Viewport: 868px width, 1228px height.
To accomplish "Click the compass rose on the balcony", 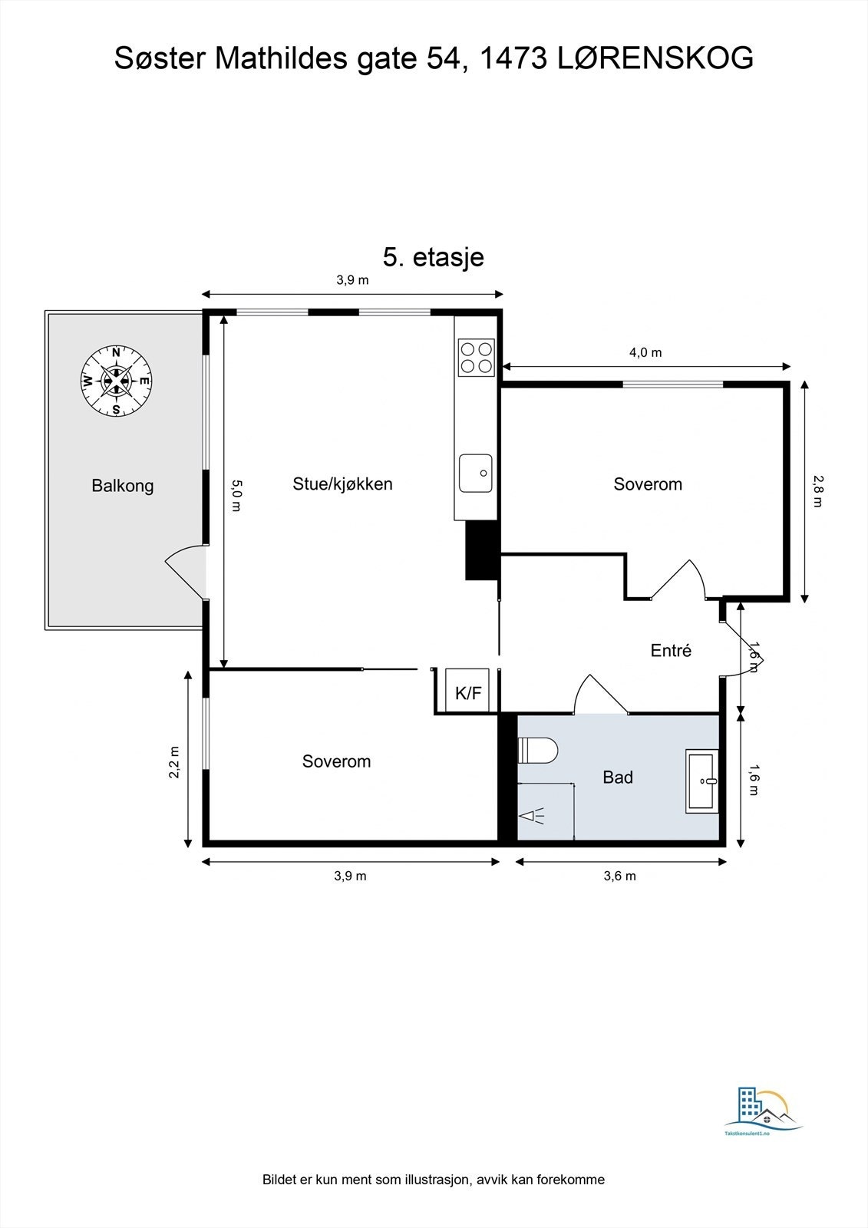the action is pyautogui.click(x=116, y=381).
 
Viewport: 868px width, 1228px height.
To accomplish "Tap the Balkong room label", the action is pyautogui.click(x=122, y=486).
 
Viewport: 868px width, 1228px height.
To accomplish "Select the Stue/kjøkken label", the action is pyautogui.click(x=343, y=484).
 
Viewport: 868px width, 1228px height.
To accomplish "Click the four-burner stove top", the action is pyautogui.click(x=476, y=357).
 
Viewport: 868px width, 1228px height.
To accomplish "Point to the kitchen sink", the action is pyautogui.click(x=475, y=473).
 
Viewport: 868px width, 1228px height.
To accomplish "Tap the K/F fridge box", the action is pyautogui.click(x=467, y=690).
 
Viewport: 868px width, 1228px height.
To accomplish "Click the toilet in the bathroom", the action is pyautogui.click(x=537, y=749).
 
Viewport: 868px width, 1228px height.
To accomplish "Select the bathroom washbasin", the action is pyautogui.click(x=702, y=781).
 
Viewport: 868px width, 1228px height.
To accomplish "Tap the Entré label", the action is pyautogui.click(x=671, y=650).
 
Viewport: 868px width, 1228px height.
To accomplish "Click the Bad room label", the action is pyautogui.click(x=617, y=777).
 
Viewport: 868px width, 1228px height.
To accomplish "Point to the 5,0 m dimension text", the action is pyautogui.click(x=236, y=496).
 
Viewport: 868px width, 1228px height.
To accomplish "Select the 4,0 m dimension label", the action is pyautogui.click(x=645, y=352).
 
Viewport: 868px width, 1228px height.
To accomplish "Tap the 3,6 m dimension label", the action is pyautogui.click(x=619, y=876).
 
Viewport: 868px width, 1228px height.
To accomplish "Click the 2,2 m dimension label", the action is pyautogui.click(x=174, y=762).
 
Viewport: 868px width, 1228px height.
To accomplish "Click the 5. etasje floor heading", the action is pyautogui.click(x=433, y=257).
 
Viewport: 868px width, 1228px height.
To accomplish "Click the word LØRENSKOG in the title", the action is pyautogui.click(x=655, y=58).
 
